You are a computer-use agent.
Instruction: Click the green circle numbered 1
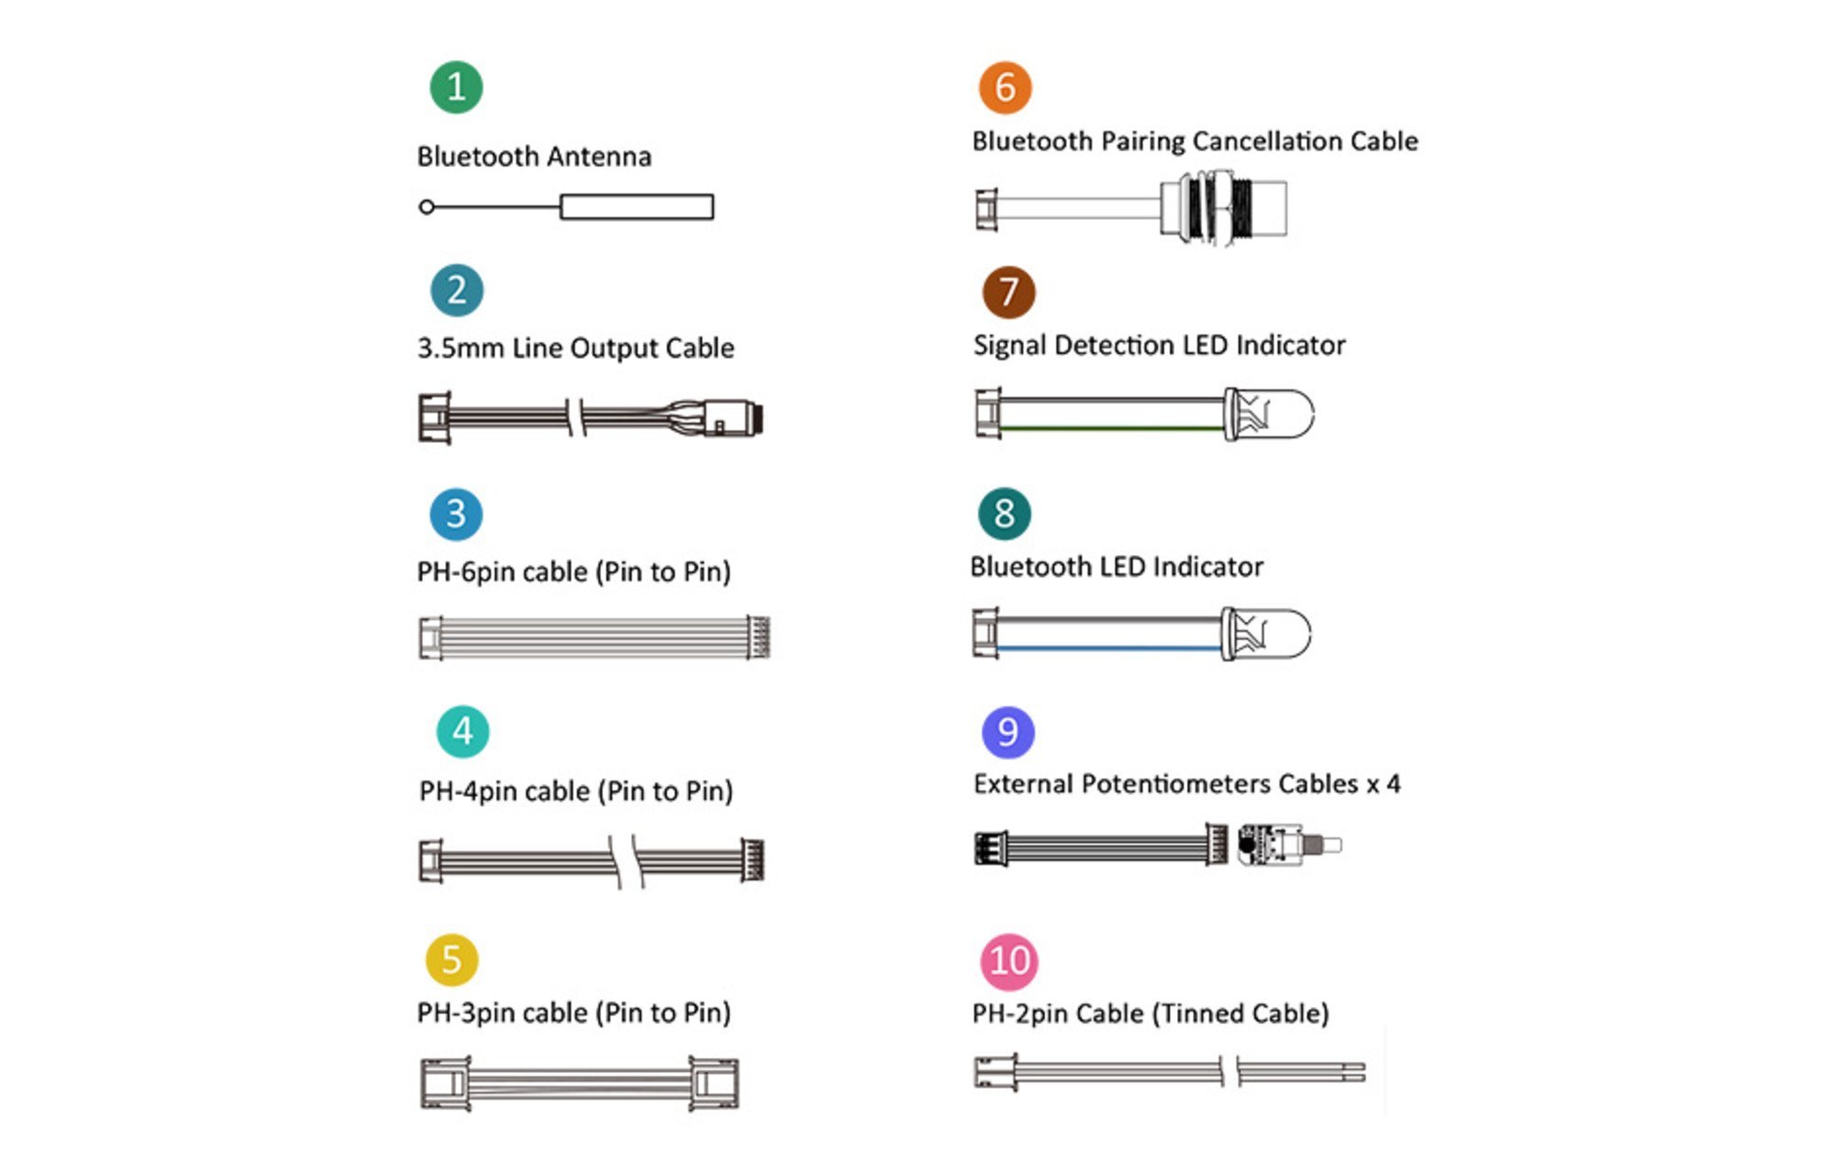456,87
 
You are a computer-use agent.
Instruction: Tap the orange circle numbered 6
1006,88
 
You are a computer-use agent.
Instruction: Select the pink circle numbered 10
1009,961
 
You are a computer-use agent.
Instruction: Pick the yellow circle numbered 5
451,959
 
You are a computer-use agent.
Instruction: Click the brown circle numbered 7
1008,293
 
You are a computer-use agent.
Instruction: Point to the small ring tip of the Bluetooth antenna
426,207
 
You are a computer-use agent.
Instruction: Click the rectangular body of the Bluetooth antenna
637,207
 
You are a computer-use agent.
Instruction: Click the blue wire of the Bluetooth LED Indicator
1109,648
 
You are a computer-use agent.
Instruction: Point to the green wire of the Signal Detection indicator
1112,428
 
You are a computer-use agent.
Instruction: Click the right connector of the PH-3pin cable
714,1084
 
